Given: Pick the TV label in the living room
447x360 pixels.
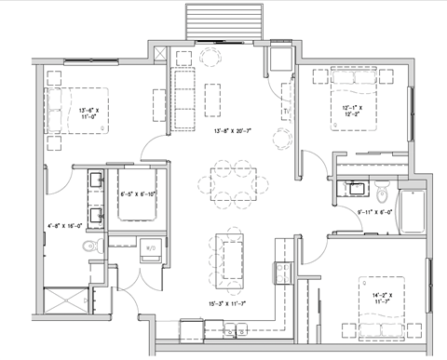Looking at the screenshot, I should (284, 112).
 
